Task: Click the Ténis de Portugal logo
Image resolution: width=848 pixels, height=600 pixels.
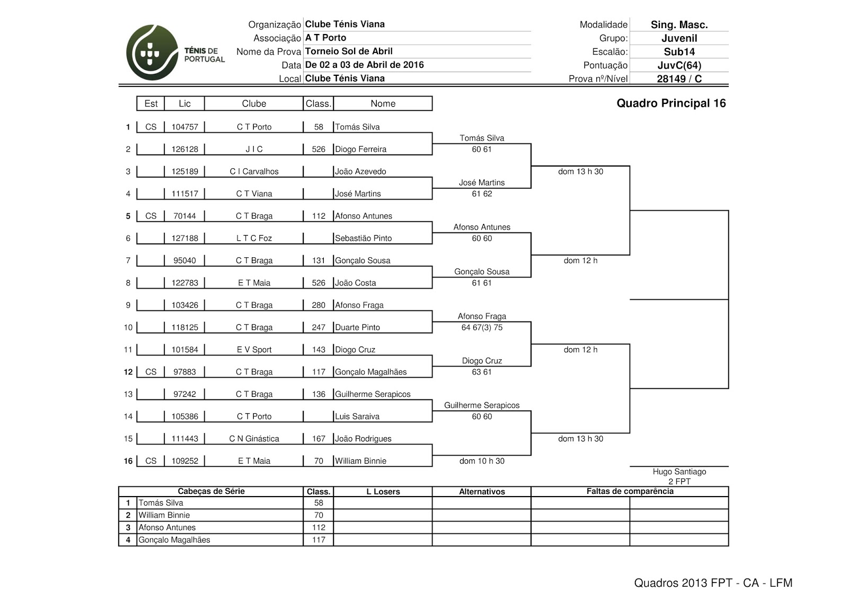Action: coord(175,53)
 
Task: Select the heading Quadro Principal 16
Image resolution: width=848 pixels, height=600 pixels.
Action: coord(671,103)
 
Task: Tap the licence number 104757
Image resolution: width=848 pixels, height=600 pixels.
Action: coord(184,127)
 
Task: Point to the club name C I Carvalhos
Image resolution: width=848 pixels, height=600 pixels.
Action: coord(254,172)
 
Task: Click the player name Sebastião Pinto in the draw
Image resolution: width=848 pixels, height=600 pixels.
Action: coord(363,239)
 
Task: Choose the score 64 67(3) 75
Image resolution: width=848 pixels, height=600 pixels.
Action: coord(482,328)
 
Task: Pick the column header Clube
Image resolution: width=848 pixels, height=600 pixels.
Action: coord(254,104)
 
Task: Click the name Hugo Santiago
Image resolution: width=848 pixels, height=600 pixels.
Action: coord(679,472)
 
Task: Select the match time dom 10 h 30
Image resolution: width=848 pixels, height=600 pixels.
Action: coord(482,461)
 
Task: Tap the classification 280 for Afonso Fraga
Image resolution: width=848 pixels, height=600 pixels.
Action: coord(319,306)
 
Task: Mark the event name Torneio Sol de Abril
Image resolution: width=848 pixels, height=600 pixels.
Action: coord(349,51)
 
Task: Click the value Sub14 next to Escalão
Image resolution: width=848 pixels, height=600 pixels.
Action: coord(679,52)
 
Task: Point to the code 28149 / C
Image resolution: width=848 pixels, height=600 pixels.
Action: coord(679,79)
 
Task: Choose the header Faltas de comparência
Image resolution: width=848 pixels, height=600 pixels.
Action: coord(630,492)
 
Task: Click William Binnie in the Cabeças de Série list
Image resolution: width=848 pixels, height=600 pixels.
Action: coord(164,515)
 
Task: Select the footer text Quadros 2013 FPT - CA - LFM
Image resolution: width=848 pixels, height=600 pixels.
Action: coord(713,583)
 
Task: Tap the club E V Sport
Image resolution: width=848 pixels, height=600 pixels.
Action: coord(254,350)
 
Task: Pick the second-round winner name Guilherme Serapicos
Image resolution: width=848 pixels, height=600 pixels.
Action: coord(482,406)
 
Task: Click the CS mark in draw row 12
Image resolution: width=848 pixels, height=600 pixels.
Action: coord(151,372)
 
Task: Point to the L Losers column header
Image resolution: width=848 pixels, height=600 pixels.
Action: coord(383,492)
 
